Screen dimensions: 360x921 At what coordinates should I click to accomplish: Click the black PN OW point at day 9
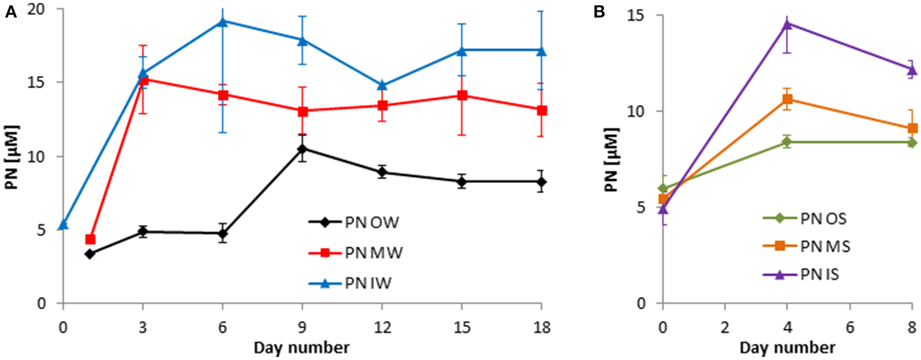(302, 149)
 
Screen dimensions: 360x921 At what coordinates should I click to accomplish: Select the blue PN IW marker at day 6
(223, 21)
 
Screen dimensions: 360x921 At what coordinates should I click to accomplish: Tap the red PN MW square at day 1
(90, 239)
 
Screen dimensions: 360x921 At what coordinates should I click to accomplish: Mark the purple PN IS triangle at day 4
(787, 23)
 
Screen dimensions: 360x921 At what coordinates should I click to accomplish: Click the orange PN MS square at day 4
(787, 99)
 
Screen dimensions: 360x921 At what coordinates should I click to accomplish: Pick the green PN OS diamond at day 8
(913, 142)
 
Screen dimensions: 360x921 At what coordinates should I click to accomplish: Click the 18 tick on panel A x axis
(542, 327)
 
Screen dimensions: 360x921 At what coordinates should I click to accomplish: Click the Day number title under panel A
(301, 347)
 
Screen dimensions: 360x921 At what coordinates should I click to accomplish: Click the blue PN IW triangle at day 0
(63, 224)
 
